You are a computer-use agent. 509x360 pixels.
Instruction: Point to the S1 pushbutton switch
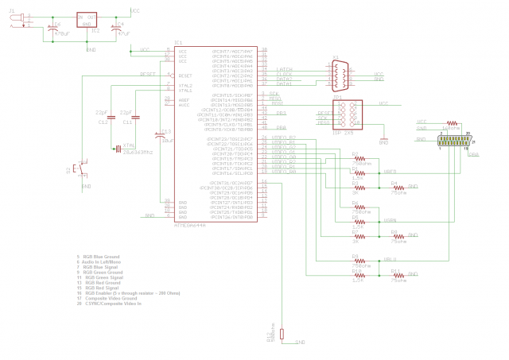[x=78, y=168]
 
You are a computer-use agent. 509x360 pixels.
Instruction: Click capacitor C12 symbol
[x=112, y=117]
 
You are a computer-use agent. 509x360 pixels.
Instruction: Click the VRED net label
[x=390, y=171]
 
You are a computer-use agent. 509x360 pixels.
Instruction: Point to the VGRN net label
[x=390, y=220]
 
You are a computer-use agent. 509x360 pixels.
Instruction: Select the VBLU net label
[x=390, y=259]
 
